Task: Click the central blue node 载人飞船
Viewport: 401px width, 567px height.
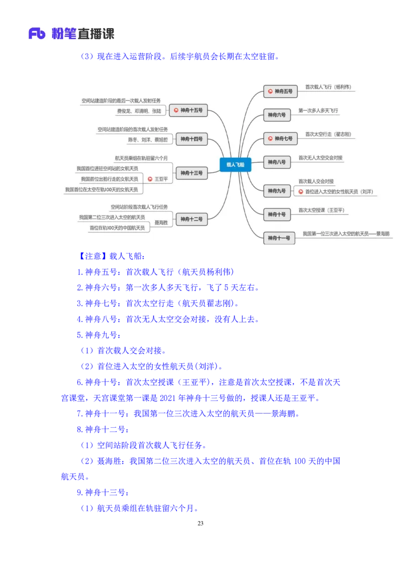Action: [x=235, y=164]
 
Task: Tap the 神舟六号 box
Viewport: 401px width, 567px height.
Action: [x=277, y=115]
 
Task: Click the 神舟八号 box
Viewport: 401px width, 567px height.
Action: [x=277, y=162]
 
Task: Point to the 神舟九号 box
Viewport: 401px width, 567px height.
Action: [x=277, y=191]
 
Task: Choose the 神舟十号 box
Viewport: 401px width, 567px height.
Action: [x=277, y=215]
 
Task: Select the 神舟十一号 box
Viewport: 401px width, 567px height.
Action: [x=279, y=238]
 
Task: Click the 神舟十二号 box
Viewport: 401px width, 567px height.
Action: [x=191, y=219]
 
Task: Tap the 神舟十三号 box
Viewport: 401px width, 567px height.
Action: [x=191, y=173]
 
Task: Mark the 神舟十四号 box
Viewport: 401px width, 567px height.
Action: [x=191, y=139]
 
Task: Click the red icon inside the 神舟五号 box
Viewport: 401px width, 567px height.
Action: [x=271, y=91]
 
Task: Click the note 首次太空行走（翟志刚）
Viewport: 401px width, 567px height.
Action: [x=328, y=134]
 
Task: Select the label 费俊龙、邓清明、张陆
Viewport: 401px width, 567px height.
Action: [x=139, y=111]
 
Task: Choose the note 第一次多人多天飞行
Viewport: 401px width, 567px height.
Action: [x=318, y=110]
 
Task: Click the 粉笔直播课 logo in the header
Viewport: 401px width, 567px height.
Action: [x=71, y=34]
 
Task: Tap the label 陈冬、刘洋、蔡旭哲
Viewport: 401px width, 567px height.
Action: [x=148, y=139]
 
